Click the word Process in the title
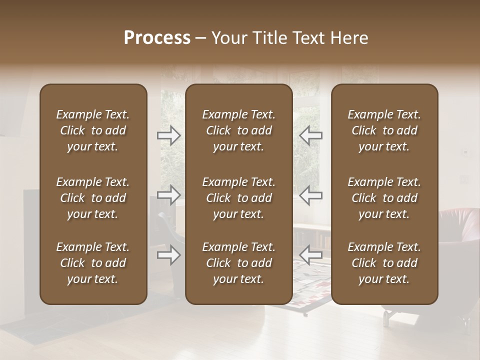(x=157, y=38)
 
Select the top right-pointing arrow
(x=169, y=135)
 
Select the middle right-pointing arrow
(x=169, y=195)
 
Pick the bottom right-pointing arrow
(x=169, y=255)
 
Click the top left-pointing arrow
(x=311, y=135)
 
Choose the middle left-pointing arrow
(x=311, y=195)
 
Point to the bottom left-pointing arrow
(x=311, y=255)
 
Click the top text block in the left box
(x=93, y=130)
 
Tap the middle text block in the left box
(x=93, y=198)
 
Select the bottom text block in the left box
(x=93, y=263)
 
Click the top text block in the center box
(x=239, y=130)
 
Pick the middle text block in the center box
(x=239, y=198)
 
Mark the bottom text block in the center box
(x=239, y=263)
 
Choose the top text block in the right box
(x=384, y=130)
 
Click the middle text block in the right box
(x=384, y=198)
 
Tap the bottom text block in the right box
(x=384, y=263)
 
